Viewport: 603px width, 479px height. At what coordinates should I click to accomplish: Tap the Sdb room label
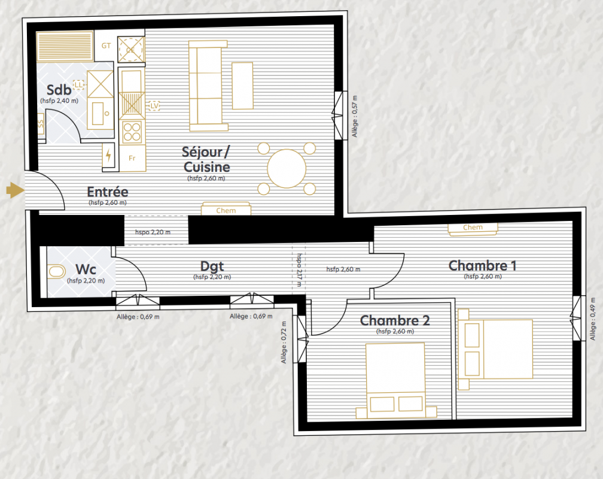click(x=59, y=90)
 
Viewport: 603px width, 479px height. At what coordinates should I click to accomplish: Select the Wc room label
click(x=86, y=269)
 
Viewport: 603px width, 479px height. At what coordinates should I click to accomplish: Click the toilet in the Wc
click(x=57, y=271)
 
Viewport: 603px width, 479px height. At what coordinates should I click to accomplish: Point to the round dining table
click(x=287, y=169)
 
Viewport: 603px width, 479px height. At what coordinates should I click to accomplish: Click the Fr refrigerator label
click(x=132, y=158)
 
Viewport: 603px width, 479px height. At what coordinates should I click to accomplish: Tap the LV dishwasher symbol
click(x=154, y=106)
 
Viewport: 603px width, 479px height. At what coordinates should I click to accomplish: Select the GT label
click(x=106, y=46)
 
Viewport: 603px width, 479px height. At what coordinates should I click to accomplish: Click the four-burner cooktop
click(x=132, y=132)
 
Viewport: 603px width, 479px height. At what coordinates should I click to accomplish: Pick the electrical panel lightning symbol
click(x=109, y=156)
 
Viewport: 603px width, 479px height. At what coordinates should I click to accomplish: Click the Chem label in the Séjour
click(x=226, y=211)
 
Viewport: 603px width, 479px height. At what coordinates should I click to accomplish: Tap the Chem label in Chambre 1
click(x=473, y=227)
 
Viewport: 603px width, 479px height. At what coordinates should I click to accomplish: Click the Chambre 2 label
click(x=395, y=320)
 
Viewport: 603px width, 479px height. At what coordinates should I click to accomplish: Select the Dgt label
click(x=212, y=266)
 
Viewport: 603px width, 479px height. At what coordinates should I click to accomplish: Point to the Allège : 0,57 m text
click(x=355, y=116)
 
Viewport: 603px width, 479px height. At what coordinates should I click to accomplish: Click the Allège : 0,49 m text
click(x=593, y=319)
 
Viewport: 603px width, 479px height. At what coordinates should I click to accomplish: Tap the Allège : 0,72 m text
click(x=284, y=342)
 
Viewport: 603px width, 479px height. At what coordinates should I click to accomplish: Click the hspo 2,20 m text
click(x=153, y=232)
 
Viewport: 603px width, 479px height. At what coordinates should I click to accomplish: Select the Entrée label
click(x=107, y=192)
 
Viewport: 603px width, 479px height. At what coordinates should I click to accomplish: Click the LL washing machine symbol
click(x=78, y=84)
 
